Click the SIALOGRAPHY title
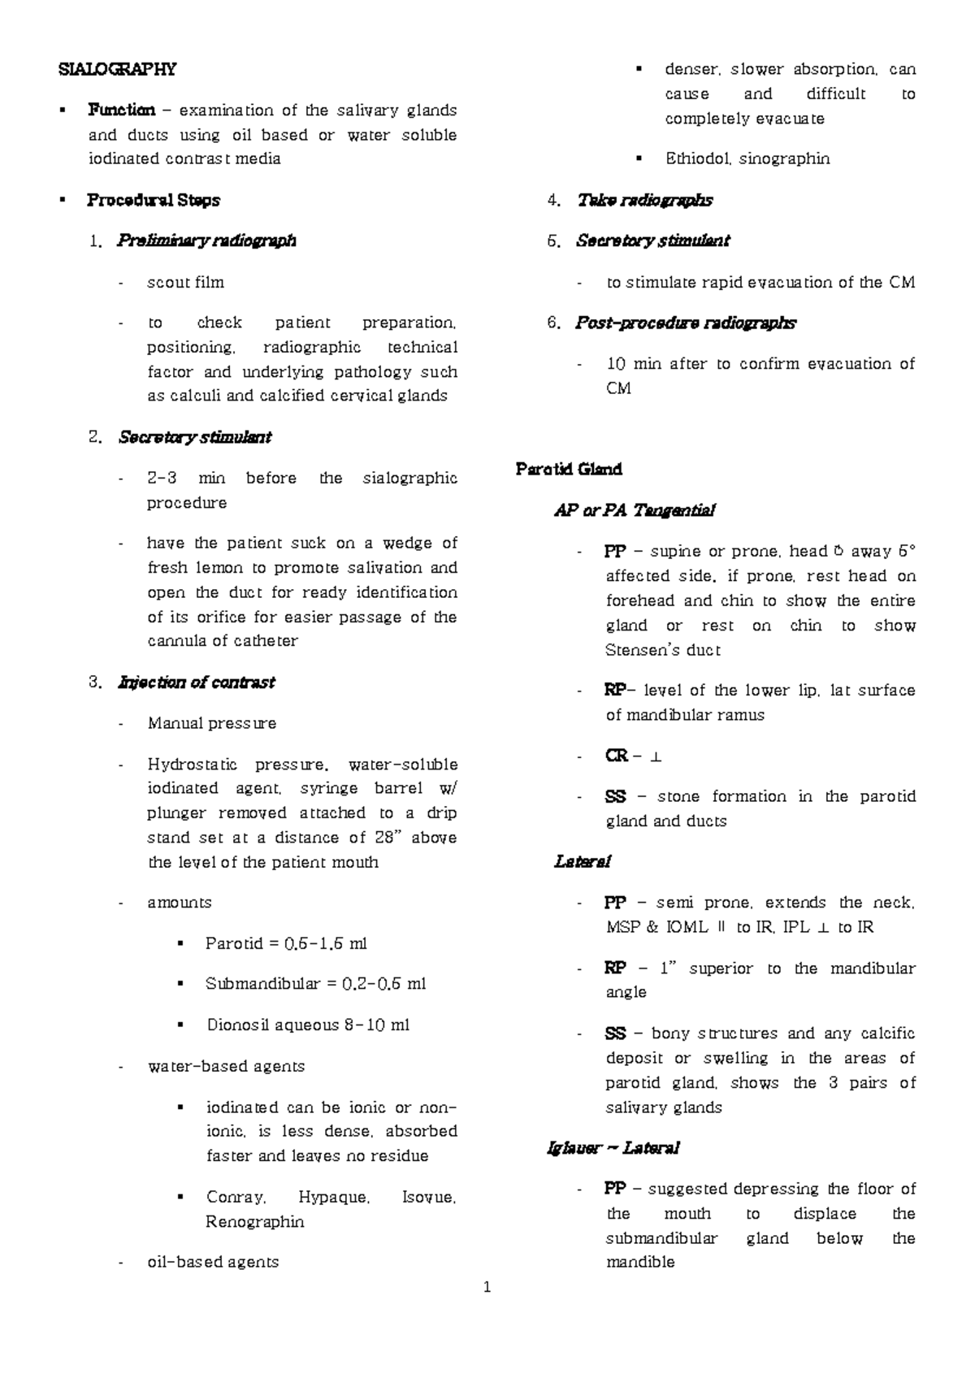click(117, 69)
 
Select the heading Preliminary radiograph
click(206, 240)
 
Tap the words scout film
click(185, 283)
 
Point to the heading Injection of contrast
click(196, 682)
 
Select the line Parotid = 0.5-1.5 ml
click(286, 944)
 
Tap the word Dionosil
click(236, 1025)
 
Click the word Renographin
click(254, 1222)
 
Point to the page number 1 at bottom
click(487, 1287)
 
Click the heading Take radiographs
click(644, 200)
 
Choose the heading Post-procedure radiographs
click(685, 323)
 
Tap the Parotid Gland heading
click(569, 470)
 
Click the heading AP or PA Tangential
click(634, 511)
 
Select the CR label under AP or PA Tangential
click(615, 756)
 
